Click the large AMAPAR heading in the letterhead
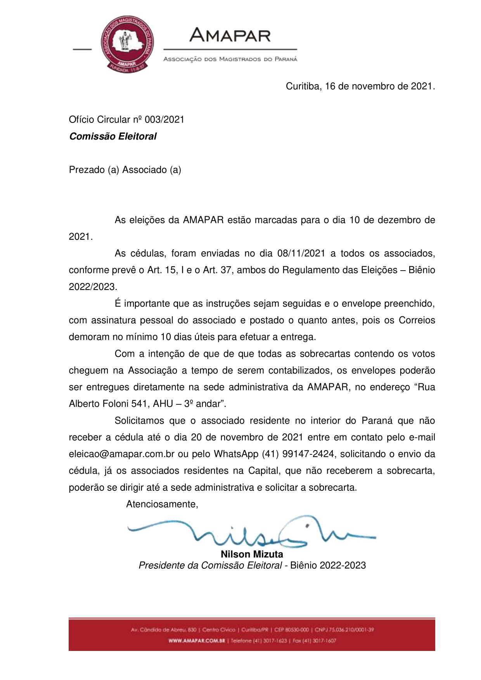230,36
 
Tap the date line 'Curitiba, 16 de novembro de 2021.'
360,86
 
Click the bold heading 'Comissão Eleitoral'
112,136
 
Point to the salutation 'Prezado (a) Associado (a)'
125,170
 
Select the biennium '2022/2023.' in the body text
93,287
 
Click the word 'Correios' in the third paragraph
417,320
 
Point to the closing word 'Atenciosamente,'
162,504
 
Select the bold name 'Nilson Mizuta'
252,554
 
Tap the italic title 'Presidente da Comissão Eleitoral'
210,566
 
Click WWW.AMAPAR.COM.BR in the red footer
197,641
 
